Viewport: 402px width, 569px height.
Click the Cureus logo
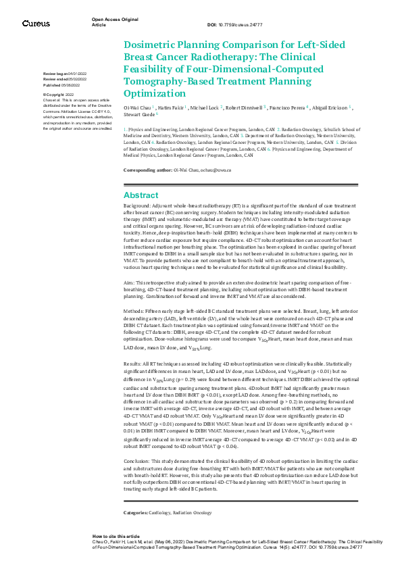[36, 23]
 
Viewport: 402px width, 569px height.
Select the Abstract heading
[141, 195]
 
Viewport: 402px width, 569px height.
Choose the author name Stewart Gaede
[143, 115]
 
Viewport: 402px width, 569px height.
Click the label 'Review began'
[55, 72]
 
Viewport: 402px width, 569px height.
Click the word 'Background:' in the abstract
[139, 204]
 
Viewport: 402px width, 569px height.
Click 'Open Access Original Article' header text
[111, 22]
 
